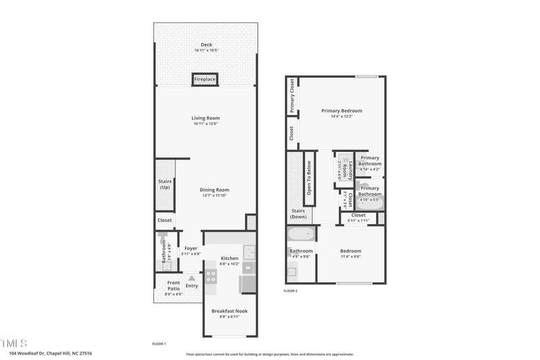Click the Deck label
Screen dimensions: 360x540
206,45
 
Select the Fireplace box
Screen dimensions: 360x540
205,79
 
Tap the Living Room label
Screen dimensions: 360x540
205,118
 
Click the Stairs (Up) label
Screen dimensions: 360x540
165,184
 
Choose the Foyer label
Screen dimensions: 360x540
191,249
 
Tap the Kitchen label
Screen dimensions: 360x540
230,259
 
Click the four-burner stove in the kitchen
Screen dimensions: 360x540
211,276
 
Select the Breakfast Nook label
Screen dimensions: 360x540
230,311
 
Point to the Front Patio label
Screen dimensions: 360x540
173,286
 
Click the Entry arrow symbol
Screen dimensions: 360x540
192,278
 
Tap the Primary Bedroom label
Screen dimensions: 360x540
342,111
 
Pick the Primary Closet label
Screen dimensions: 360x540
292,97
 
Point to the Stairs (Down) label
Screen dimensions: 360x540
298,213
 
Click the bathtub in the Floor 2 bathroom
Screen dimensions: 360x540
301,235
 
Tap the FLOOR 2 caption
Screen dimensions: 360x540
290,291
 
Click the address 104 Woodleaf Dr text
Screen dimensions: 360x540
51,353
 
